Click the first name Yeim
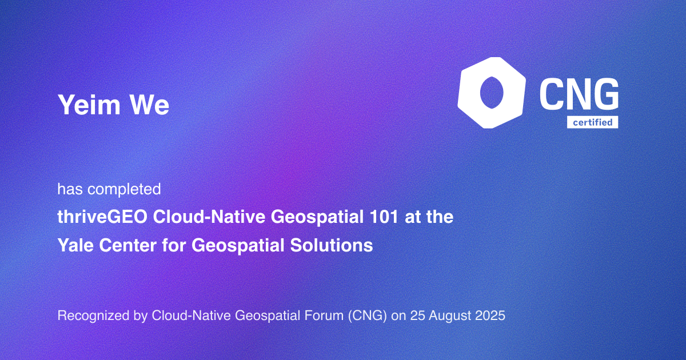click(89, 105)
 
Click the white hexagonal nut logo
click(492, 93)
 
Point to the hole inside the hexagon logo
click(492, 93)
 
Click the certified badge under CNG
click(593, 122)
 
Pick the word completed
click(124, 190)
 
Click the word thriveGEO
click(102, 217)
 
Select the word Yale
click(75, 245)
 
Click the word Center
click(127, 245)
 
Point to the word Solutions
click(332, 245)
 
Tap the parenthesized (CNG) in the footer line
click(368, 316)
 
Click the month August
click(450, 316)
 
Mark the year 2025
click(490, 315)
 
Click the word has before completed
click(70, 189)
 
